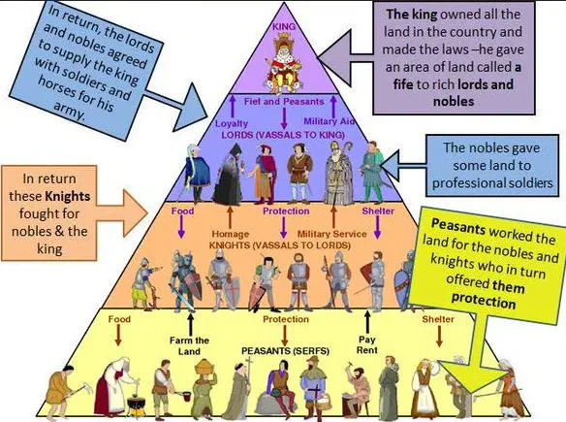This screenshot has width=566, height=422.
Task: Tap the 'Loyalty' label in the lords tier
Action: [x=232, y=123]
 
